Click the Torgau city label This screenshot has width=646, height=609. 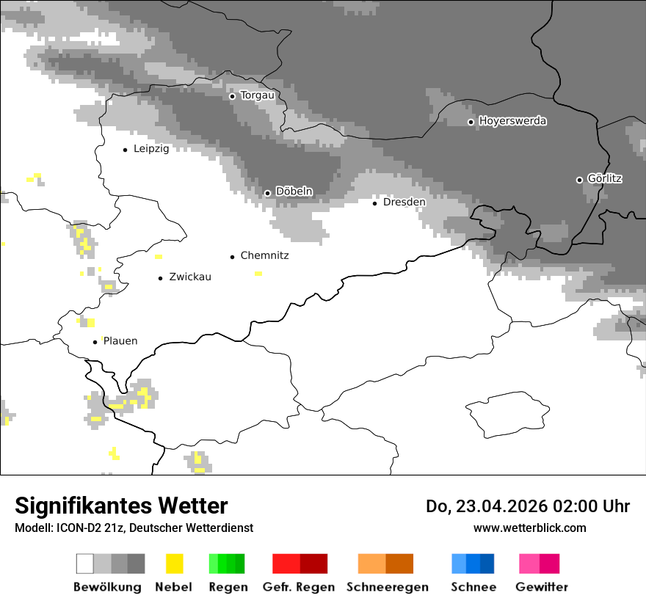(257, 95)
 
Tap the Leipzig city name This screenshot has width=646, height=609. (151, 149)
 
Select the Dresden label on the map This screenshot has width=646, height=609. (404, 202)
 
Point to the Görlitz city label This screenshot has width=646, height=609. (605, 178)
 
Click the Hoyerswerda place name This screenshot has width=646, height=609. (512, 121)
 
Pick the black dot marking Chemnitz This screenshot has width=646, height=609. (233, 257)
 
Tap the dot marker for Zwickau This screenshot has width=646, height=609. (161, 278)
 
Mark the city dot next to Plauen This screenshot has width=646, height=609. (95, 342)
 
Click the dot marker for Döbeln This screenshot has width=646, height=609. (268, 193)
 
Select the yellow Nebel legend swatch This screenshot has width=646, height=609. (174, 564)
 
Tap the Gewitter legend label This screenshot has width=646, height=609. (542, 587)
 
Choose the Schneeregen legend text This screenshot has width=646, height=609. (388, 587)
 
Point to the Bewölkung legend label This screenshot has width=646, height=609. (107, 587)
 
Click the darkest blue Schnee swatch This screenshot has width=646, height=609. (487, 564)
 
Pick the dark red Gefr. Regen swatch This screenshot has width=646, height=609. (313, 564)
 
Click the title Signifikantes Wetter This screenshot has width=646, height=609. (121, 506)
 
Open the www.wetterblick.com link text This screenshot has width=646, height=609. (529, 528)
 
